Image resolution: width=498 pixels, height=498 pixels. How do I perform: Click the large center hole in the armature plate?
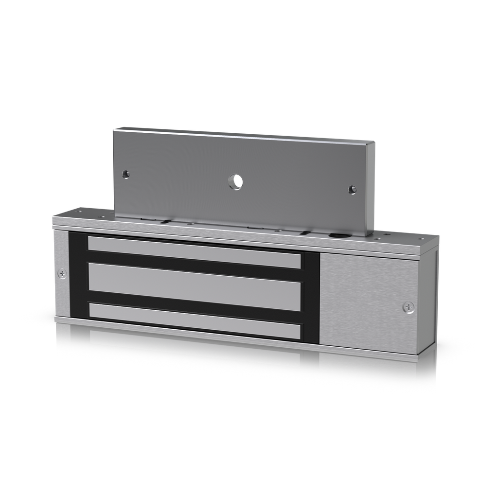(236, 182)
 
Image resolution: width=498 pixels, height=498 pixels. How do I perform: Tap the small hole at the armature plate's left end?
(126, 174)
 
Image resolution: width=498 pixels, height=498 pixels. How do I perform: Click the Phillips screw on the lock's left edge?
(62, 274)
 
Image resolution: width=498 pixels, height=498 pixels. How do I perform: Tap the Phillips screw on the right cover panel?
(409, 307)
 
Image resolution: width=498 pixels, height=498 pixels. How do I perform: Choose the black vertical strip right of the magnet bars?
(311, 297)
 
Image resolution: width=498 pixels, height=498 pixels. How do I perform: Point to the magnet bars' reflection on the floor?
(195, 348)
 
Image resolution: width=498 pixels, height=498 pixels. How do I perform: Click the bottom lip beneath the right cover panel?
(370, 352)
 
